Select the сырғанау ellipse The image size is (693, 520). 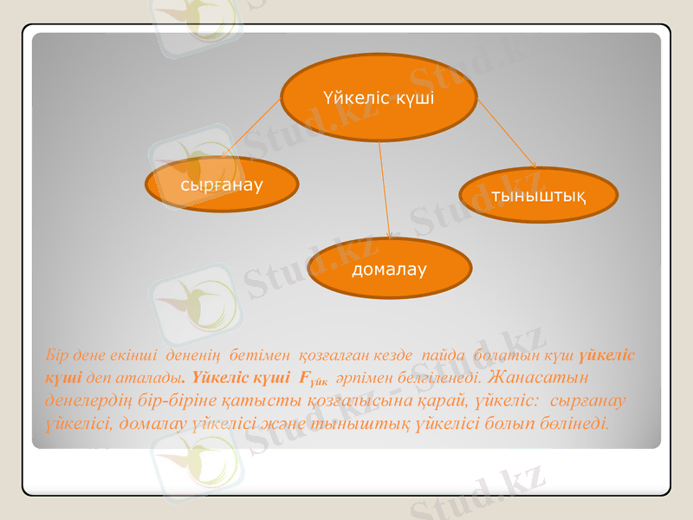tap(222, 185)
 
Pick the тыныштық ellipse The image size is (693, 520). tap(537, 195)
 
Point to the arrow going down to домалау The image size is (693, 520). tap(385, 191)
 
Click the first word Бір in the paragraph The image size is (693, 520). tap(55, 355)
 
